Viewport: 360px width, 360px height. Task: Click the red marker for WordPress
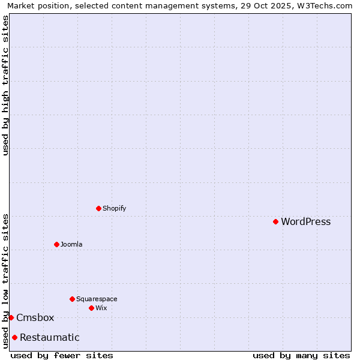click(275, 221)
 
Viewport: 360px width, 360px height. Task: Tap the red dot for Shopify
click(98, 208)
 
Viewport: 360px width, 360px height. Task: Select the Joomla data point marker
click(56, 244)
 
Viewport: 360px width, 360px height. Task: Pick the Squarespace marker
click(72, 299)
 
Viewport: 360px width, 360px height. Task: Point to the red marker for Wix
click(91, 308)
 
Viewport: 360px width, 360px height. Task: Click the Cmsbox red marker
click(11, 317)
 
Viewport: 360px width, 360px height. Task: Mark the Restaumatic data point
click(14, 337)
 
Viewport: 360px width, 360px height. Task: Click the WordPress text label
click(305, 221)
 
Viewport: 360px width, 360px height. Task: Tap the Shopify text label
click(114, 208)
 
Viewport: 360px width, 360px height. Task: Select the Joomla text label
click(71, 244)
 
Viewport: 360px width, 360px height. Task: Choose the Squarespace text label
click(97, 299)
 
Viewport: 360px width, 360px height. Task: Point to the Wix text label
click(101, 308)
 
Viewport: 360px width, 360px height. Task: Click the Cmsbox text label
click(35, 317)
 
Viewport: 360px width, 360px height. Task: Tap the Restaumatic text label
click(49, 337)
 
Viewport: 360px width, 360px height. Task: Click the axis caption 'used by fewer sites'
click(62, 355)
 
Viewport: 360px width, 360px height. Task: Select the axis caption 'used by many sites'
click(301, 355)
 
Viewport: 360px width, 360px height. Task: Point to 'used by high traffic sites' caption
click(5, 85)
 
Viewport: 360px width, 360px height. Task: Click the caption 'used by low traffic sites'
click(5, 281)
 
